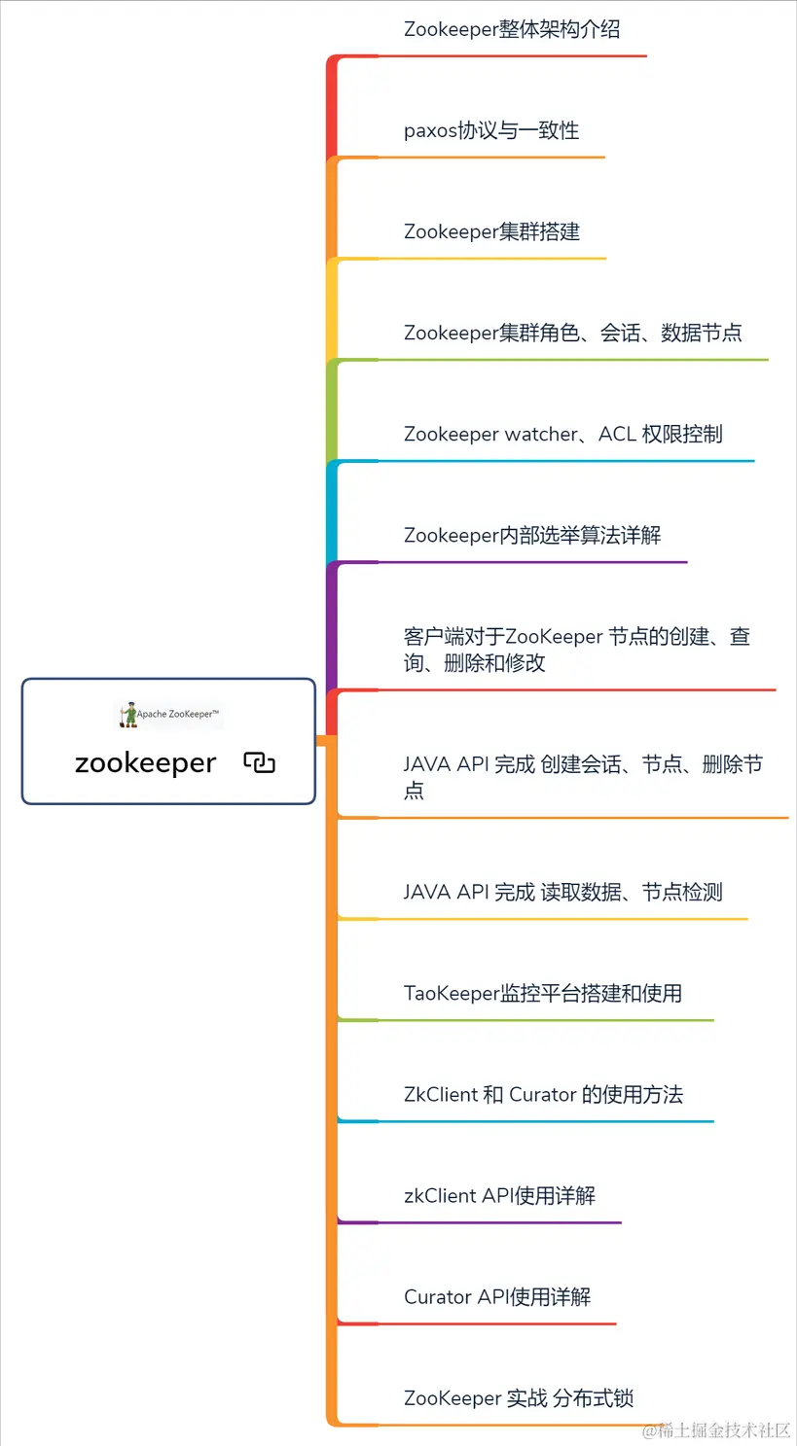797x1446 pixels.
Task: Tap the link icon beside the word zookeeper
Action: point(259,763)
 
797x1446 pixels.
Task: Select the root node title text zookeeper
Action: point(145,763)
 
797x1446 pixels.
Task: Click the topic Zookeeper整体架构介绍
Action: point(512,29)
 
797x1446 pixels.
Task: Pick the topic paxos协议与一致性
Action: point(491,130)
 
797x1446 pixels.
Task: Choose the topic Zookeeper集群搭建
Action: point(491,231)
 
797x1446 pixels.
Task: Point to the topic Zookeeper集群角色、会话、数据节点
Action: point(572,333)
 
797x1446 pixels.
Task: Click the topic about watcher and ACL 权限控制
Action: point(562,434)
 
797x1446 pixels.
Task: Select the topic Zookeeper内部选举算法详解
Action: point(532,535)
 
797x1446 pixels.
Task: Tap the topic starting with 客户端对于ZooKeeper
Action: point(576,650)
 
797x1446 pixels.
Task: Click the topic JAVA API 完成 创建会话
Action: point(582,777)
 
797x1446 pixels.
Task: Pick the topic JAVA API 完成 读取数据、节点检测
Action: point(562,892)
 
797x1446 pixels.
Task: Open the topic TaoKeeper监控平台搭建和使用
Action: point(542,993)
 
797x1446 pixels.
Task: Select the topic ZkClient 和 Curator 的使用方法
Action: point(543,1094)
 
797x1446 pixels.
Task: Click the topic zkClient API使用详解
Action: point(499,1195)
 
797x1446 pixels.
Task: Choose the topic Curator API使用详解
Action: point(496,1296)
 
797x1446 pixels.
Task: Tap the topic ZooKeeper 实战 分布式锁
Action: point(519,1397)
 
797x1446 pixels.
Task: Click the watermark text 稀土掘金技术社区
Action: point(717,1429)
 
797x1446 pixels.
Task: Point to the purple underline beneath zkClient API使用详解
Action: point(487,1222)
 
